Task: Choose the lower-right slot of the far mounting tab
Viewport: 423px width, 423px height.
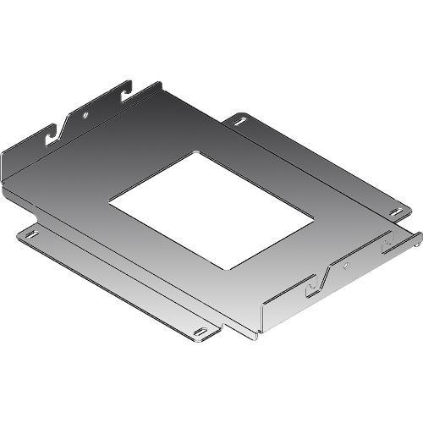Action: pos(394,211)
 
